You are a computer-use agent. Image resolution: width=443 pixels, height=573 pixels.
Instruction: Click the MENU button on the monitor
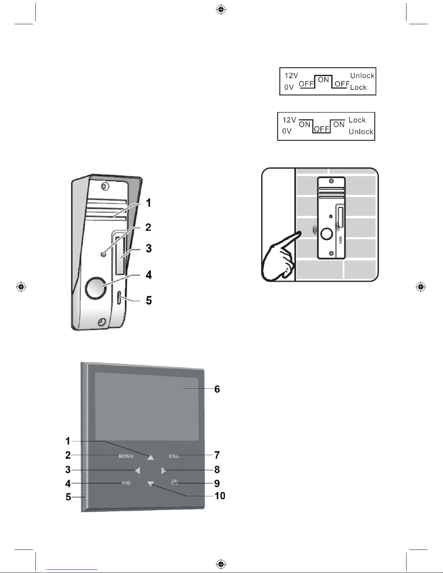(x=126, y=456)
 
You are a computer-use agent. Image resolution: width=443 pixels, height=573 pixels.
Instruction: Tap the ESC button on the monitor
(x=174, y=456)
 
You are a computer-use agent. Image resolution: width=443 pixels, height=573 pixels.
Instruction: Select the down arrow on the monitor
(x=151, y=484)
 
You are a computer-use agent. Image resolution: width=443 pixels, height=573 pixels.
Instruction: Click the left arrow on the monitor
(x=137, y=470)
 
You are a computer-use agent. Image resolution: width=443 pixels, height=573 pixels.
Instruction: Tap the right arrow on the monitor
(x=164, y=470)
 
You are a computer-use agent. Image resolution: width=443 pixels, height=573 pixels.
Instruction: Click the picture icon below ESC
(x=175, y=482)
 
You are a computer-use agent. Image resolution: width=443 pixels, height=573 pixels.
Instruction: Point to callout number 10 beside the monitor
(x=220, y=496)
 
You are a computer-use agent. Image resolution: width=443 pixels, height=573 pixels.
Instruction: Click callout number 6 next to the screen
(x=217, y=389)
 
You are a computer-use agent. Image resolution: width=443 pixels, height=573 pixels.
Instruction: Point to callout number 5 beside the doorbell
(x=149, y=300)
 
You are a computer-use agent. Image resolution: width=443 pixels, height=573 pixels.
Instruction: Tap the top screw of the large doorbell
(x=105, y=187)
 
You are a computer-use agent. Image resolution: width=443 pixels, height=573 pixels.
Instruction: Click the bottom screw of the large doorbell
(x=102, y=321)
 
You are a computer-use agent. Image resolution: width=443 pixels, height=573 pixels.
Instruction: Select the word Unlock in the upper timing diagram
(x=362, y=76)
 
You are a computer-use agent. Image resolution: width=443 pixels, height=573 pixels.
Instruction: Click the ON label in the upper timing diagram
(x=323, y=80)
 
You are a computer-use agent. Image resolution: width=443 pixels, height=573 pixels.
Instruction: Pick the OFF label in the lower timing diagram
(x=321, y=129)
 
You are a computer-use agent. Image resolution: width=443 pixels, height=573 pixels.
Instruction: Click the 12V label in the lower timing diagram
(x=289, y=120)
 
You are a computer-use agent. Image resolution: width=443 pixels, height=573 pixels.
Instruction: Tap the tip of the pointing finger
(x=300, y=233)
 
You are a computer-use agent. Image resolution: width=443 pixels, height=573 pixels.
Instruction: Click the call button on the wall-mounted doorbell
(x=327, y=234)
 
